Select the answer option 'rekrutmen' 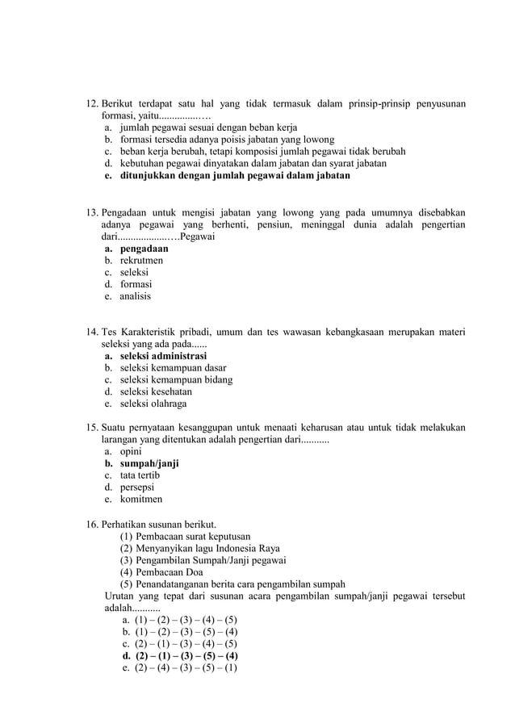pyautogui.click(x=141, y=261)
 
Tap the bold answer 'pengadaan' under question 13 pyautogui.click(x=144, y=249)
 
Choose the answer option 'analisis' pyautogui.click(x=135, y=296)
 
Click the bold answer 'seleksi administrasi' pyautogui.click(x=163, y=356)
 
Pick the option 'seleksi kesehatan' pyautogui.click(x=156, y=391)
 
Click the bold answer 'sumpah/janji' pyautogui.click(x=149, y=464)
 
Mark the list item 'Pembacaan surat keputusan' pyautogui.click(x=193, y=536)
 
